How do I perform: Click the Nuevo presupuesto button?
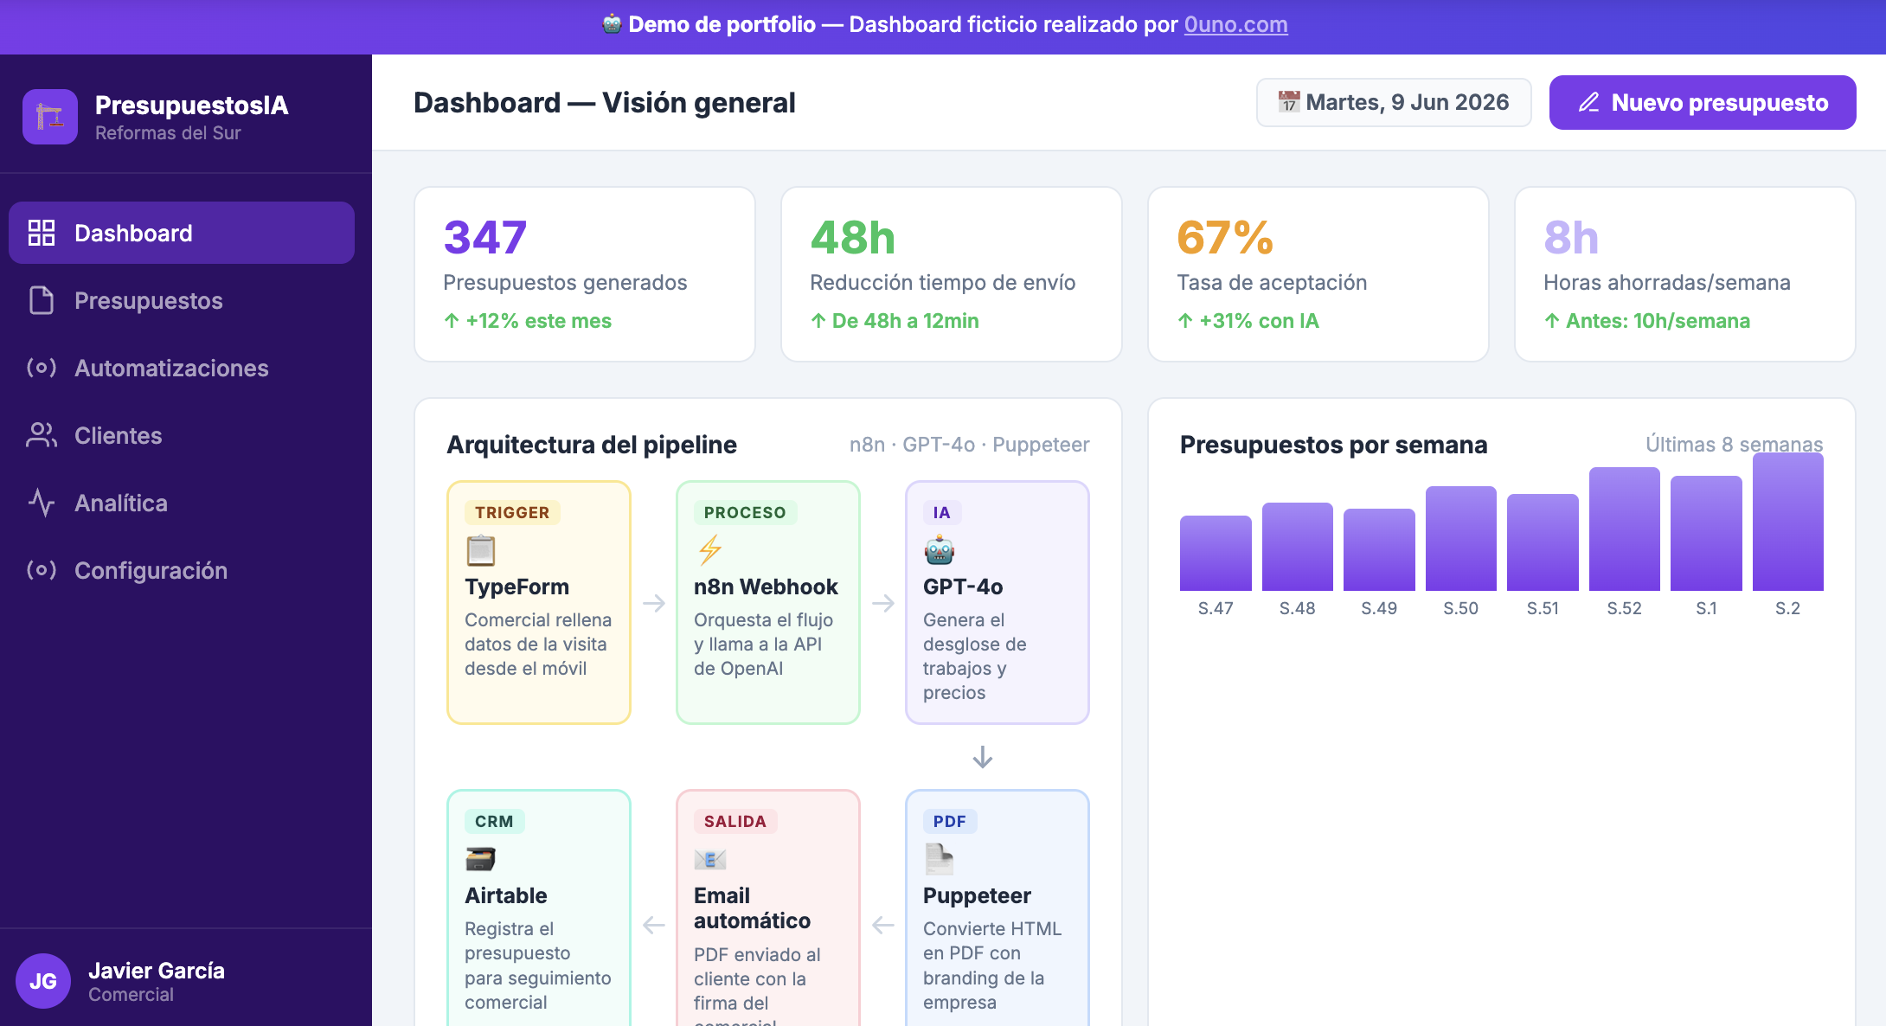[x=1702, y=102]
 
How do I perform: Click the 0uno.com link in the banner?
[x=1235, y=24]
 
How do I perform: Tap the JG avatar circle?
[x=43, y=981]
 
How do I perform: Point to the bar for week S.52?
[x=1624, y=529]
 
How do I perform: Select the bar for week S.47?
[x=1216, y=553]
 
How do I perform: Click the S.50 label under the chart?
[x=1460, y=608]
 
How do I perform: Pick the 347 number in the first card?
[x=485, y=237]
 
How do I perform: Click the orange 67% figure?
[x=1225, y=237]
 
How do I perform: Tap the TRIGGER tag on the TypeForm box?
[x=512, y=512]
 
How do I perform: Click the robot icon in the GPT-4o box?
[x=940, y=550]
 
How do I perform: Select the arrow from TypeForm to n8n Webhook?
[x=654, y=603]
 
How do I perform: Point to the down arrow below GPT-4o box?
[x=983, y=757]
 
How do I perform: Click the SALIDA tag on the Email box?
[x=735, y=821]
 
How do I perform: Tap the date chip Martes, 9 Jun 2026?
[x=1394, y=102]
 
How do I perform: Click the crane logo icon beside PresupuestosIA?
[x=50, y=117]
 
